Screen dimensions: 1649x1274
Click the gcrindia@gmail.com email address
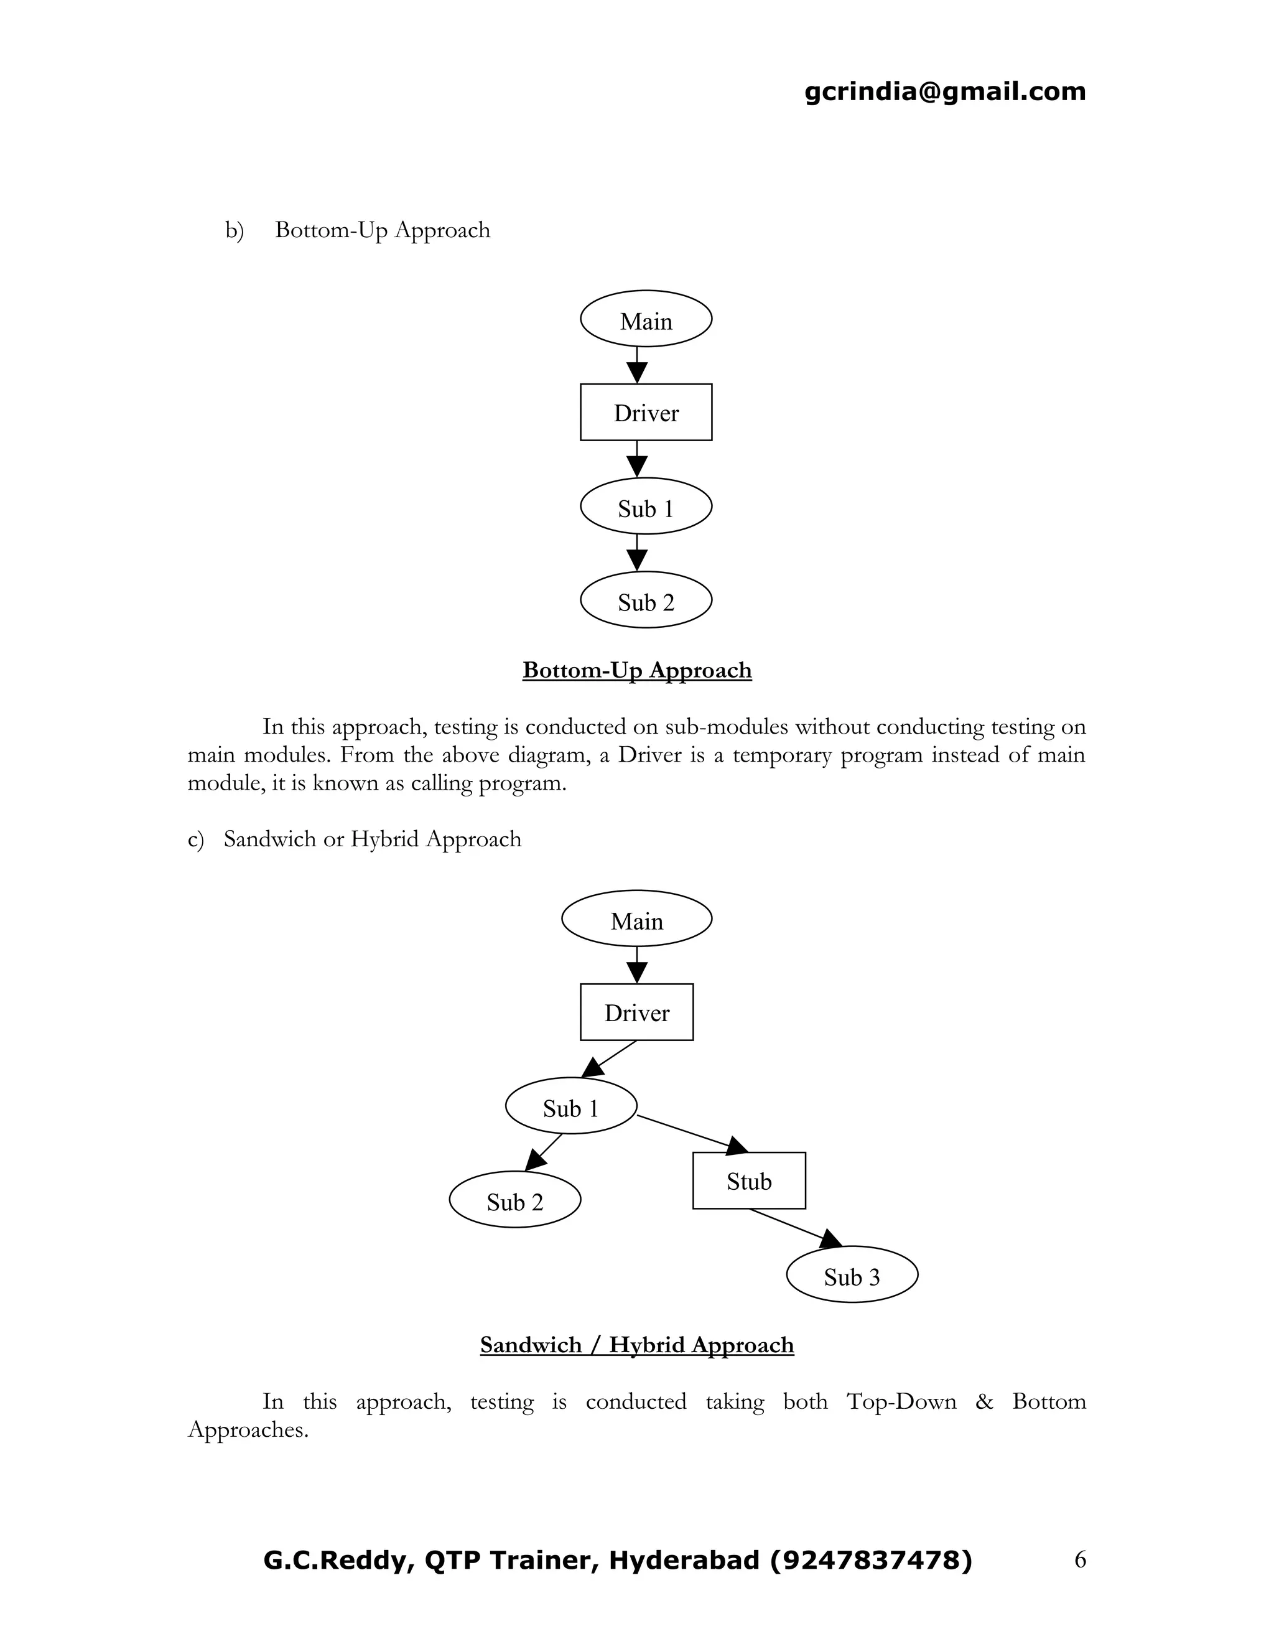click(x=945, y=91)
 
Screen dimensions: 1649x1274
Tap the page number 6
click(x=1079, y=1559)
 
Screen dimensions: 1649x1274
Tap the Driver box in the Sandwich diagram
click(x=636, y=1012)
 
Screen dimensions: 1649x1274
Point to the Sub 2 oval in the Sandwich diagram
click(x=514, y=1199)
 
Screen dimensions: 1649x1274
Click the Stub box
click(x=749, y=1180)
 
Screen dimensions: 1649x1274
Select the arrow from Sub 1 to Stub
click(x=691, y=1133)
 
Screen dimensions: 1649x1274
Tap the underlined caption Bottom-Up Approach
click(x=637, y=670)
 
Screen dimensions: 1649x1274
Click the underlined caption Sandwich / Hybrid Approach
click(x=637, y=1345)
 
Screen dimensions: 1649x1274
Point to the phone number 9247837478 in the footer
click(x=871, y=1559)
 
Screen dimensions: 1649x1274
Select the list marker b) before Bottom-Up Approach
click(x=234, y=230)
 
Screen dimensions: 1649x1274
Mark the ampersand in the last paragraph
click(x=984, y=1401)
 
